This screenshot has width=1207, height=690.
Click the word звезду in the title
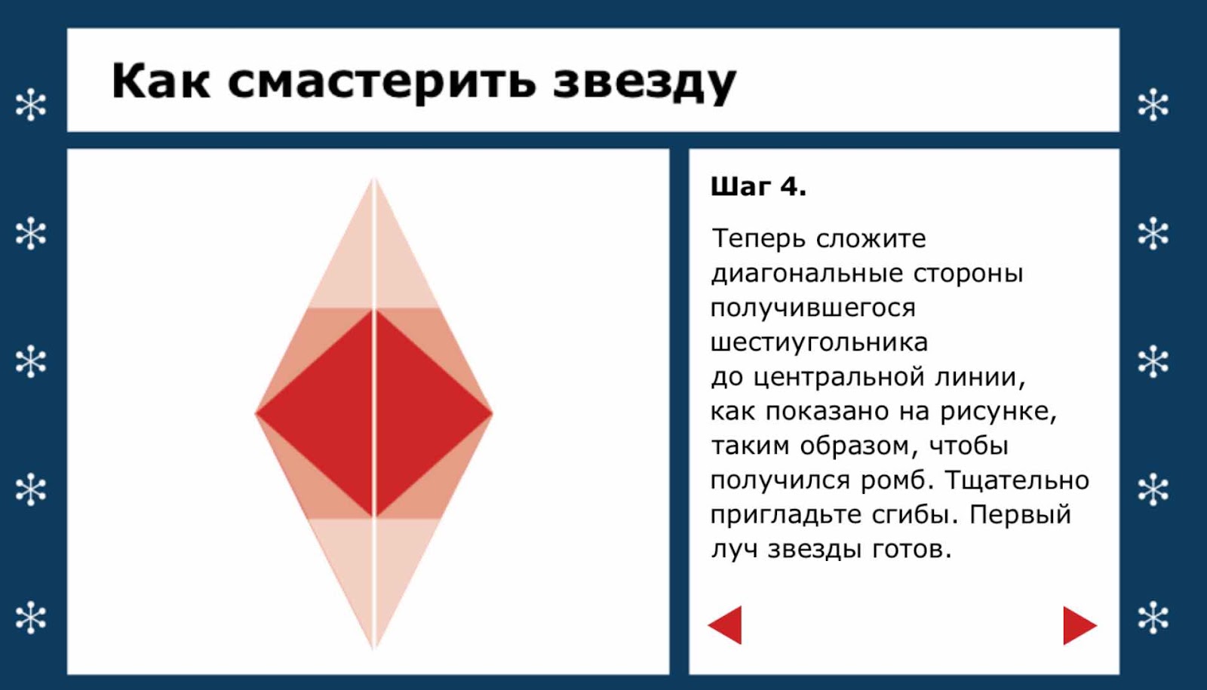tap(644, 82)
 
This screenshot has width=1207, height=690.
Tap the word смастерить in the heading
tap(382, 82)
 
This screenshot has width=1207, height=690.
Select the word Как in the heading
tap(161, 80)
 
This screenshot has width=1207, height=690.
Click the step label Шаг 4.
tap(758, 187)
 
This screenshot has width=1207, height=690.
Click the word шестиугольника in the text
tap(819, 342)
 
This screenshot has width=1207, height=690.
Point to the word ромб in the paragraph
tap(896, 480)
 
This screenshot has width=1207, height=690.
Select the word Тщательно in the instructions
tap(1018, 480)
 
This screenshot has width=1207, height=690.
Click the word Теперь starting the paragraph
tap(759, 238)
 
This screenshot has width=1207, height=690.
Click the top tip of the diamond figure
tap(374, 178)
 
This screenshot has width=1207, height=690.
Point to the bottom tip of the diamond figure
tap(374, 649)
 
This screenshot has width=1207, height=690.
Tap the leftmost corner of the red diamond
tap(256, 414)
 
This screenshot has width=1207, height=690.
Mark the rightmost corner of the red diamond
tap(492, 414)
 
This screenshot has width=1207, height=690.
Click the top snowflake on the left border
tap(31, 105)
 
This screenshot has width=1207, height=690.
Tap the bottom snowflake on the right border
tap(1153, 618)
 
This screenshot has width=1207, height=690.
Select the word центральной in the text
tap(838, 376)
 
